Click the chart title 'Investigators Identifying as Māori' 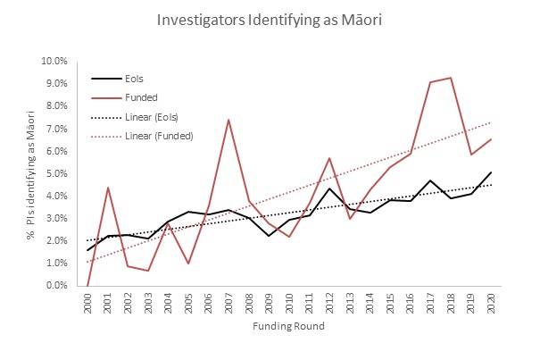click(270, 19)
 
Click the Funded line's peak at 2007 click(229, 120)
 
